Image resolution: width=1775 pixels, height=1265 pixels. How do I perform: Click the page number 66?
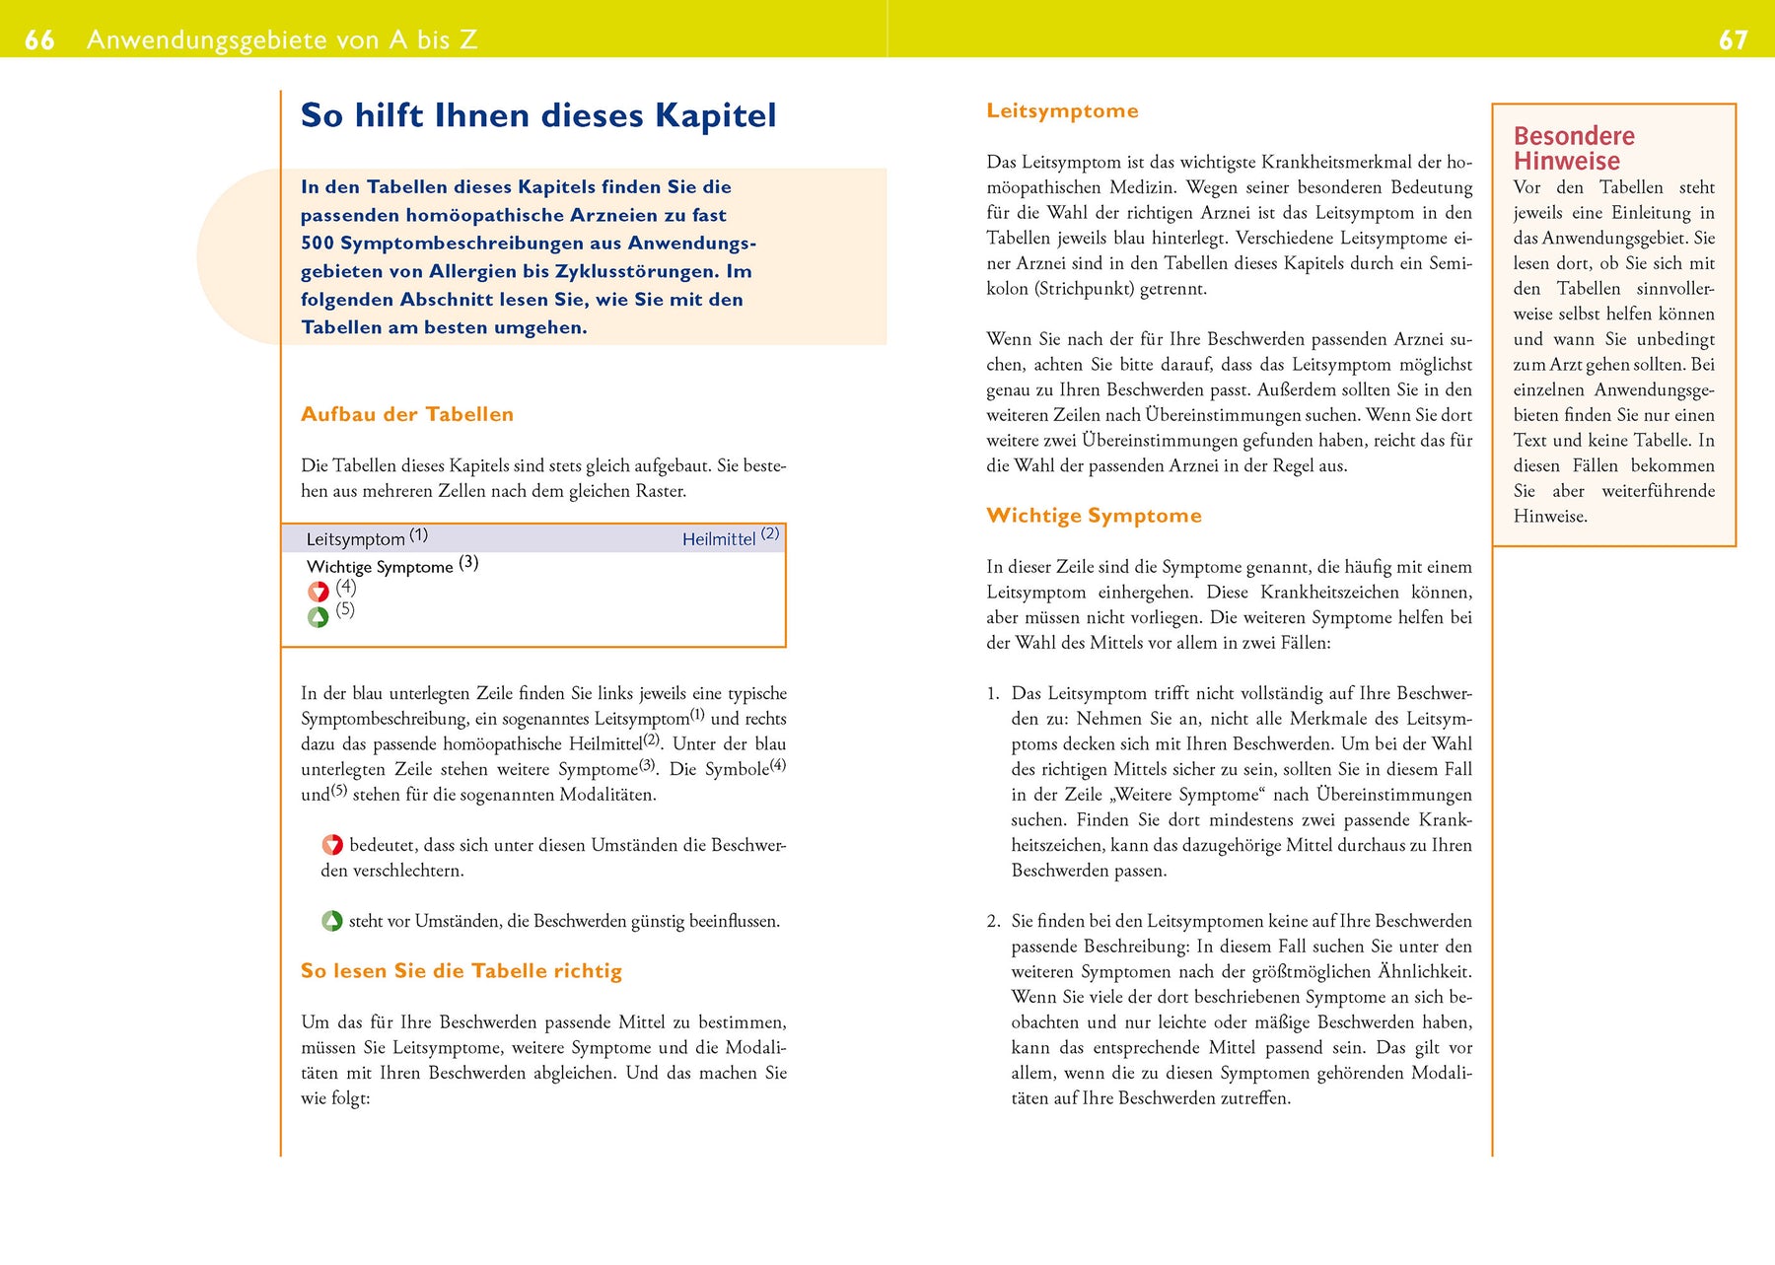pos(39,39)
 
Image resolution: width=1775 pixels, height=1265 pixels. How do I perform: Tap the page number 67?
pos(1733,39)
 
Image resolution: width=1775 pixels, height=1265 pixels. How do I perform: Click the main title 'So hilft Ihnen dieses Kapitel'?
pos(537,115)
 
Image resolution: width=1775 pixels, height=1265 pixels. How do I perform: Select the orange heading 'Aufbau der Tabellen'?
pos(406,414)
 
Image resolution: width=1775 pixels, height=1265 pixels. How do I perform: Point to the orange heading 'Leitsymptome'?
pos(1062,110)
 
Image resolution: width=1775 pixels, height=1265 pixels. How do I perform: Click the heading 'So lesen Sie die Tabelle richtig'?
pos(461,971)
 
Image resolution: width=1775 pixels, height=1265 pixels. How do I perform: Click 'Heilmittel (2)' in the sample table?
pos(730,537)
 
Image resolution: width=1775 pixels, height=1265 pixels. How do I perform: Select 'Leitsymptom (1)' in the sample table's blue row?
pos(366,538)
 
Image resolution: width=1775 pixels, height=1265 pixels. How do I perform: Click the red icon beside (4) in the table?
pos(318,592)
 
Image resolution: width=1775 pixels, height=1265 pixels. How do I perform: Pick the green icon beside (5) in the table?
pos(318,617)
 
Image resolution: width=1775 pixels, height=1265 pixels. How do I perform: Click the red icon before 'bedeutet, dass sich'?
pos(332,845)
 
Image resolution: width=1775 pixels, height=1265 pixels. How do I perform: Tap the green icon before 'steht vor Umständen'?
pos(332,921)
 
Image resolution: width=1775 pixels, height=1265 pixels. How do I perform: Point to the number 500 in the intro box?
pos(318,243)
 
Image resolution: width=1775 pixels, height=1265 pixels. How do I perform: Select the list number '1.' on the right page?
pos(993,694)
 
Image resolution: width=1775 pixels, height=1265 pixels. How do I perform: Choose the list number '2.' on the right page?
pos(993,921)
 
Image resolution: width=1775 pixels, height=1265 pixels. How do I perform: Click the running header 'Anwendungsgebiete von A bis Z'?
pos(282,39)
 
